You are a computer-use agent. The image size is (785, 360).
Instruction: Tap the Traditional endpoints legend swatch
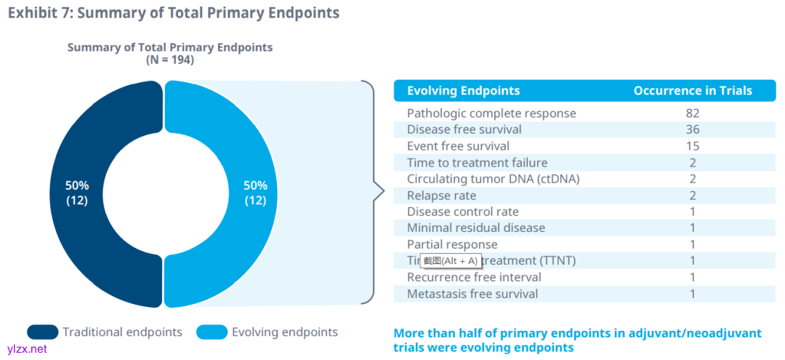42,332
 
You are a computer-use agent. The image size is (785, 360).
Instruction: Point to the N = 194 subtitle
170,60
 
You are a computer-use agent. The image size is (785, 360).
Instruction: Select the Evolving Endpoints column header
463,91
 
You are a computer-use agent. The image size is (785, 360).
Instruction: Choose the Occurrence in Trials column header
693,91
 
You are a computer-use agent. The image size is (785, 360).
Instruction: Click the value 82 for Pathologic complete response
692,113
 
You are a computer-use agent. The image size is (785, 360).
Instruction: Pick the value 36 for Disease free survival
692,129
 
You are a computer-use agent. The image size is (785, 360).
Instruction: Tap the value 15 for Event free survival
692,146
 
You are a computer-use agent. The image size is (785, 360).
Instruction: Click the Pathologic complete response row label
491,113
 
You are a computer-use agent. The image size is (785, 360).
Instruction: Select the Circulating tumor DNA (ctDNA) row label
493,179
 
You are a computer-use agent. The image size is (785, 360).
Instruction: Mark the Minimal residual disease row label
475,228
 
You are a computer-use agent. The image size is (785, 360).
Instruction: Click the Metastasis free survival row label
472,294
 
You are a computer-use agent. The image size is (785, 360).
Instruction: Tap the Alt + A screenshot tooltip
451,260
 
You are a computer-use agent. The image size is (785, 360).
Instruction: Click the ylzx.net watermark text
27,349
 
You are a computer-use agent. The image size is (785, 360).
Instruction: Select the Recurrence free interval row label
474,277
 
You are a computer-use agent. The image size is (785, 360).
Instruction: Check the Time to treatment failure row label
477,163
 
